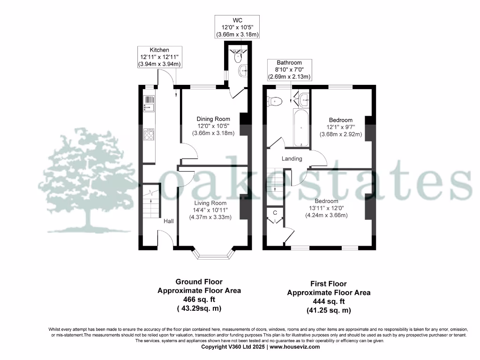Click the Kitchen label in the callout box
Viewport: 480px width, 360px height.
(x=159, y=50)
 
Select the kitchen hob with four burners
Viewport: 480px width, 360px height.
(x=149, y=135)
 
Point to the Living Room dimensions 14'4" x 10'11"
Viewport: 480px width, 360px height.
(x=211, y=210)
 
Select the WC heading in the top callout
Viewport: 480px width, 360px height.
(x=238, y=20)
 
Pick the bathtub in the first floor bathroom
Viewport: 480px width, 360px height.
(x=301, y=127)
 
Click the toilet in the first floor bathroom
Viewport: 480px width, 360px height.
(x=274, y=101)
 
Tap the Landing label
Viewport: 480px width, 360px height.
(x=292, y=159)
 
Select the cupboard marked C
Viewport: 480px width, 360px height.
(x=275, y=213)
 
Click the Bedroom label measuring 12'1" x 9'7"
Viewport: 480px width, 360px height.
(x=340, y=120)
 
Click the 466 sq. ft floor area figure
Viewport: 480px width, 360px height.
(x=199, y=300)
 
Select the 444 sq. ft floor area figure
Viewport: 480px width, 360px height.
(x=329, y=301)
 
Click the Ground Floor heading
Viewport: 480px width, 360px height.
(x=199, y=282)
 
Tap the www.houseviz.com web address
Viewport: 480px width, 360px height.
(x=294, y=347)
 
